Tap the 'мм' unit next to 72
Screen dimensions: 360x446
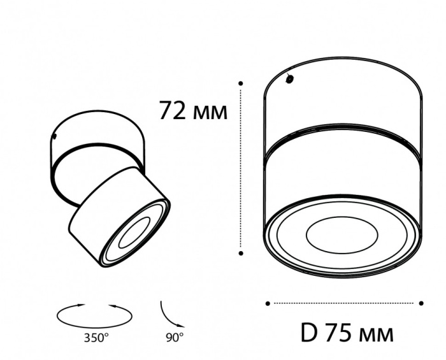pos(210,113)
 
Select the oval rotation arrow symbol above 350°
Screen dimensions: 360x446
pos(95,314)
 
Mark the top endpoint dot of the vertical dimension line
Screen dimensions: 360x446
pos(241,83)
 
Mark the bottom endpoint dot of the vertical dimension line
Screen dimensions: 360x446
pos(241,253)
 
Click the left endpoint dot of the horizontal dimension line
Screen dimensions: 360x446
pos(268,303)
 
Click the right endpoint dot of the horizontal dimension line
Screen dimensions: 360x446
pos(422,303)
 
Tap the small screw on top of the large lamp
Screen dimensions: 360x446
pos(290,80)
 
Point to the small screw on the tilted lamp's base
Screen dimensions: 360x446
pos(57,136)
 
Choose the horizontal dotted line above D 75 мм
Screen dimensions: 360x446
pos(345,303)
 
